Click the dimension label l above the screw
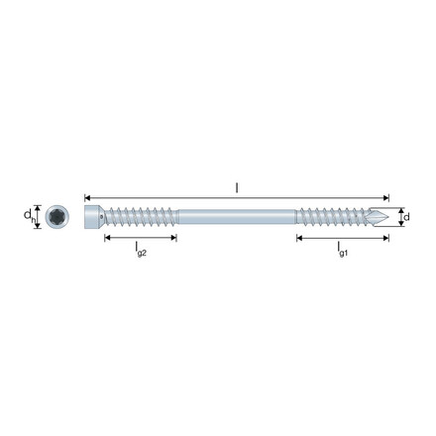tap(237, 188)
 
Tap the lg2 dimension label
tap(141, 249)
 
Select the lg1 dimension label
tap(343, 249)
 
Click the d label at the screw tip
tap(406, 217)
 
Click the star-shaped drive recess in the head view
tap(57, 217)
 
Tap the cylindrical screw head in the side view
tap(93, 217)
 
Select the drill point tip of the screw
tap(388, 217)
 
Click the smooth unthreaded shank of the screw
tap(237, 217)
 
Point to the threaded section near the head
tap(141, 217)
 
